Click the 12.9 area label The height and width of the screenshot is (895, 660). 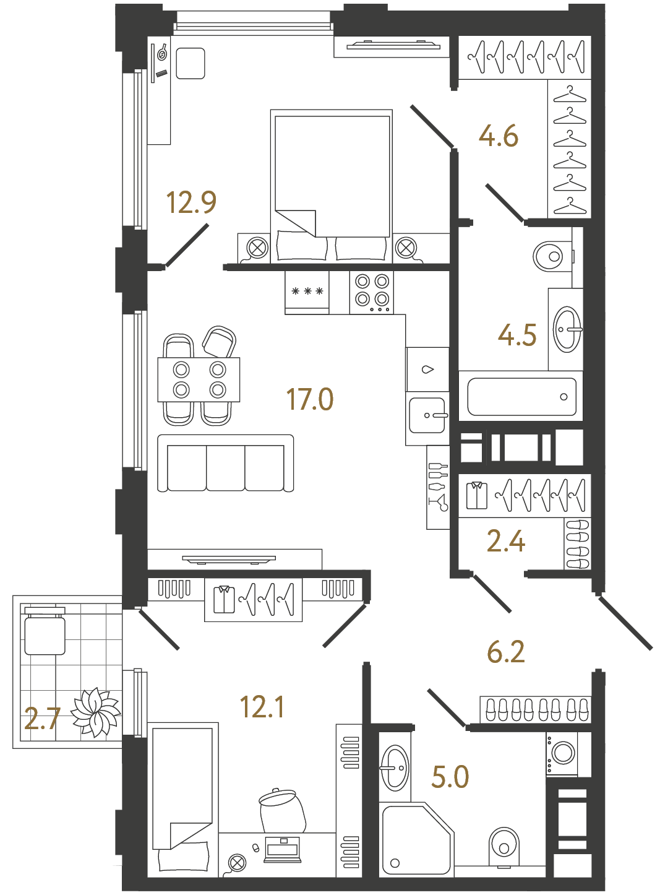pyautogui.click(x=191, y=202)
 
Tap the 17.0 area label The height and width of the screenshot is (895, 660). pyautogui.click(x=309, y=399)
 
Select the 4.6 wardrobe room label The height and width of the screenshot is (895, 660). pyautogui.click(x=498, y=136)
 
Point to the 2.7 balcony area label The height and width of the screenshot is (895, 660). pyautogui.click(x=42, y=719)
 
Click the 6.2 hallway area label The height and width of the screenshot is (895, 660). pyautogui.click(x=505, y=652)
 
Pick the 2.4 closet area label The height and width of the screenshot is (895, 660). pyautogui.click(x=505, y=541)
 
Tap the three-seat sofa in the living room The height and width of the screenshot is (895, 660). pyautogui.click(x=225, y=464)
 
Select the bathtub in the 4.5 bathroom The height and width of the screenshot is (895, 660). pyautogui.click(x=521, y=397)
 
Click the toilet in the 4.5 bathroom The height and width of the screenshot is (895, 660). pyautogui.click(x=550, y=256)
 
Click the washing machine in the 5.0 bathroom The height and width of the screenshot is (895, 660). pyautogui.click(x=562, y=753)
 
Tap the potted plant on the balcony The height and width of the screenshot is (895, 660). pyautogui.click(x=95, y=712)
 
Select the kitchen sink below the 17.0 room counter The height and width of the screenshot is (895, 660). pyautogui.click(x=427, y=415)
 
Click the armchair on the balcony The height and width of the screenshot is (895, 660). pyautogui.click(x=45, y=632)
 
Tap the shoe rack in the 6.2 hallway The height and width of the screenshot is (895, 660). pyautogui.click(x=535, y=709)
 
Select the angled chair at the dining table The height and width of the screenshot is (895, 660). pyautogui.click(x=220, y=341)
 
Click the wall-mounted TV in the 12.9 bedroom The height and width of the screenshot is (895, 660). pyautogui.click(x=393, y=45)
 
